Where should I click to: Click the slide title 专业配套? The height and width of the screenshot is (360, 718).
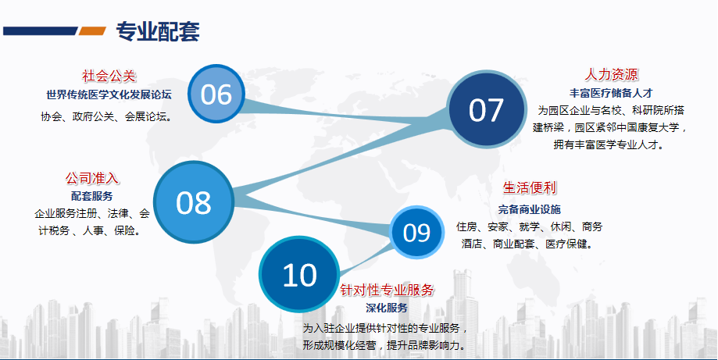[x=158, y=32]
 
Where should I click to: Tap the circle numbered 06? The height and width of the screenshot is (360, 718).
[x=216, y=94]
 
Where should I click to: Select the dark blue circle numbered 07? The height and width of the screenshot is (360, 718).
[x=486, y=110]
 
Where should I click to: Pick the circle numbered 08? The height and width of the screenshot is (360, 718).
[x=194, y=202]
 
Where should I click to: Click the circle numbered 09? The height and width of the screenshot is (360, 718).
[x=416, y=233]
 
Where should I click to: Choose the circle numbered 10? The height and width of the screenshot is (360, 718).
[x=299, y=274]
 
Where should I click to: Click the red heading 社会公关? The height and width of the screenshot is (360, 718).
[x=109, y=76]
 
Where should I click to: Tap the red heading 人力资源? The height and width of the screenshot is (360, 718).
[x=611, y=74]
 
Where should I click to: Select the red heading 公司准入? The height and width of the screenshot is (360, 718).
[x=91, y=178]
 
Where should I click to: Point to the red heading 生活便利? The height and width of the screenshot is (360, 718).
[x=530, y=187]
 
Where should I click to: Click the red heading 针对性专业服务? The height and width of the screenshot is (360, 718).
[x=387, y=290]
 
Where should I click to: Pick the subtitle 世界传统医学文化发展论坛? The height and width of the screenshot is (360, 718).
[x=109, y=94]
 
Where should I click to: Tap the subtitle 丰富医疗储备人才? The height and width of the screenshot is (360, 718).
[x=611, y=93]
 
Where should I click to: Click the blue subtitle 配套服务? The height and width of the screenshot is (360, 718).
[x=91, y=196]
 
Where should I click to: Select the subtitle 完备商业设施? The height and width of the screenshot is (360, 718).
[x=530, y=209]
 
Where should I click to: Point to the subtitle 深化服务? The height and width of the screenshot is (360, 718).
[x=387, y=308]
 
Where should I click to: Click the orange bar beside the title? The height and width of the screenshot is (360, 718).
[x=92, y=30]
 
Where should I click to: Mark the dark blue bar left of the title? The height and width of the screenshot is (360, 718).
[x=41, y=30]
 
